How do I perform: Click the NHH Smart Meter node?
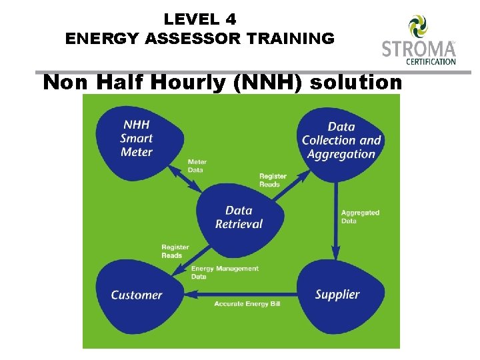click(137, 139)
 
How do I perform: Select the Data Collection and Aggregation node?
click(341, 140)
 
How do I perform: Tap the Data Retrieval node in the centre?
click(239, 217)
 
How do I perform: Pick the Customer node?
click(137, 295)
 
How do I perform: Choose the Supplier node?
click(337, 294)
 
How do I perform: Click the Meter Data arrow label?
click(197, 166)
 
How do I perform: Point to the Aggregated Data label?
click(360, 217)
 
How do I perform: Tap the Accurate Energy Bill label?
click(247, 304)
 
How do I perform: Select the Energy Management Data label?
click(225, 272)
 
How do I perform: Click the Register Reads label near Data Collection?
click(273, 180)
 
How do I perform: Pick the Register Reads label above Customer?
click(176, 251)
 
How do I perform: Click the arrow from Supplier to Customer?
click(240, 294)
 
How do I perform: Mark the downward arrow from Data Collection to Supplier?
click(335, 220)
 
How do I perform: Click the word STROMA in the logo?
click(418, 49)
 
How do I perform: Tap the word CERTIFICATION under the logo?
click(431, 62)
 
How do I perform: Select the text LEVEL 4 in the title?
click(200, 19)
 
